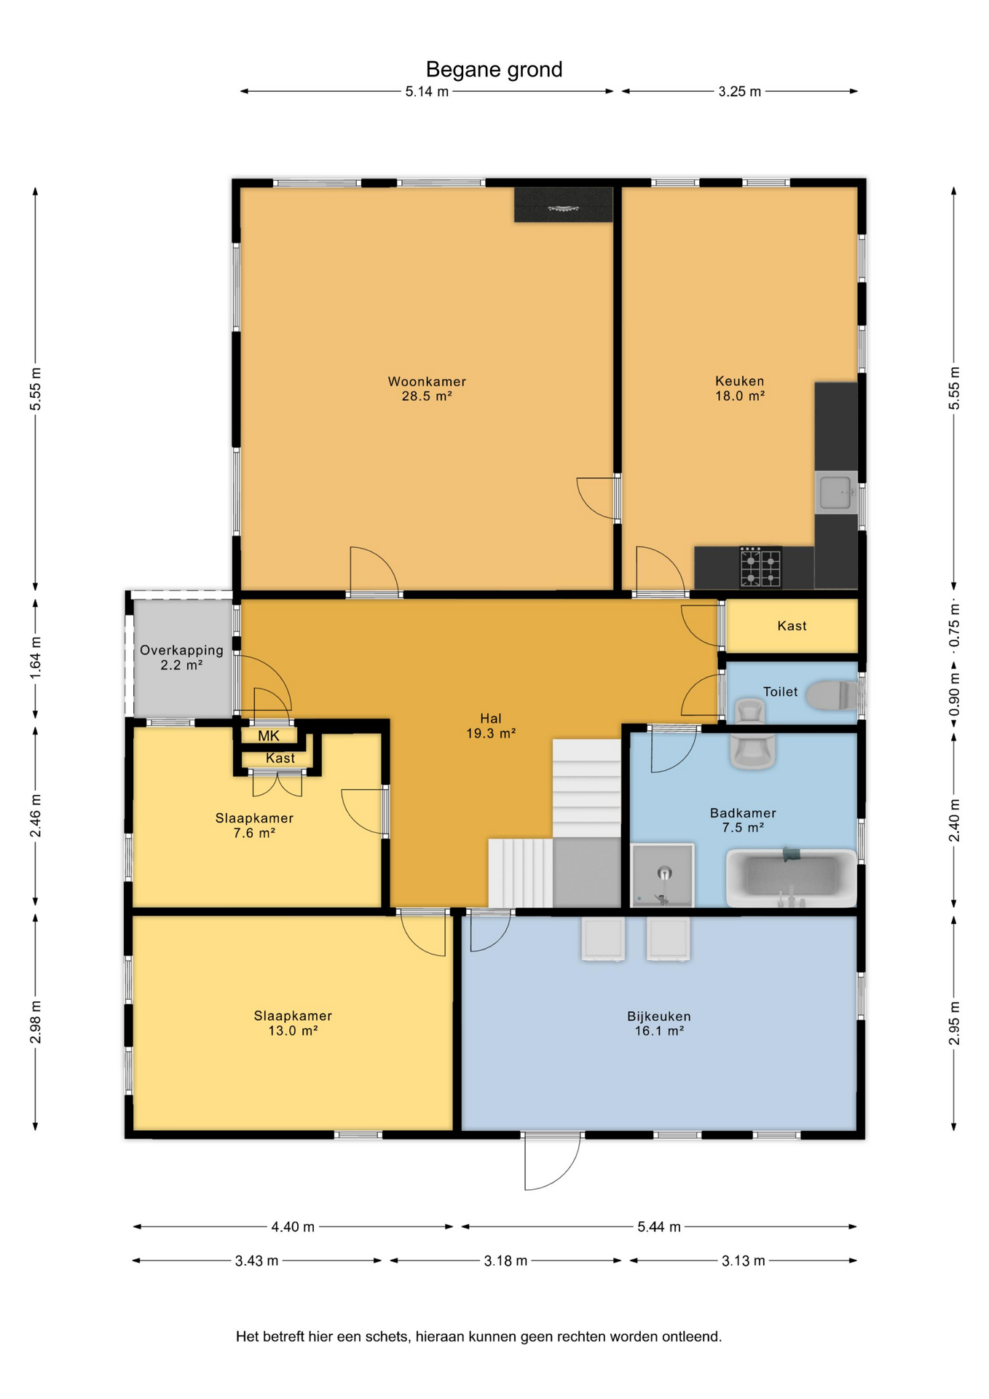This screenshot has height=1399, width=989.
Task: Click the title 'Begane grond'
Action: (494, 69)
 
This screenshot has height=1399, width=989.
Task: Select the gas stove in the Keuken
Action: (760, 567)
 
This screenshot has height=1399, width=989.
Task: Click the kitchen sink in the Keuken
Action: (836, 493)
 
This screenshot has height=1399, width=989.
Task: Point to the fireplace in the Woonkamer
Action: (563, 205)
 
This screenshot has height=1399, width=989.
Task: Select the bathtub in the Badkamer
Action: (791, 877)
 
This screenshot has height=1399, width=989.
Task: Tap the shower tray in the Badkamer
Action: (662, 875)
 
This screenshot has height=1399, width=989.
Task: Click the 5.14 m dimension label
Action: (427, 92)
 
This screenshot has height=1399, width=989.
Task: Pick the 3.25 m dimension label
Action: (739, 92)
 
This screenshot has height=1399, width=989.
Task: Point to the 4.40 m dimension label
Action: (293, 1227)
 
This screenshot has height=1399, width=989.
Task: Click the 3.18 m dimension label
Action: (505, 1261)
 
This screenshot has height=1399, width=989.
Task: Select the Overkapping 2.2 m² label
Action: (181, 657)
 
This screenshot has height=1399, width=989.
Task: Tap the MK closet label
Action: (269, 736)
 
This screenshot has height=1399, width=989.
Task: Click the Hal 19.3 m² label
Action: (491, 726)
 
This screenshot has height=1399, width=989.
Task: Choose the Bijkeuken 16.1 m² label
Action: (659, 1023)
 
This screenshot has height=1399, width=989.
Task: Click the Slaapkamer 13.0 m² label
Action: (293, 1023)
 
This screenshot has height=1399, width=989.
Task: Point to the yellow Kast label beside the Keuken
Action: (792, 626)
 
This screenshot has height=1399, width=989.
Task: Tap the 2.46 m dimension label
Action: (36, 816)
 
